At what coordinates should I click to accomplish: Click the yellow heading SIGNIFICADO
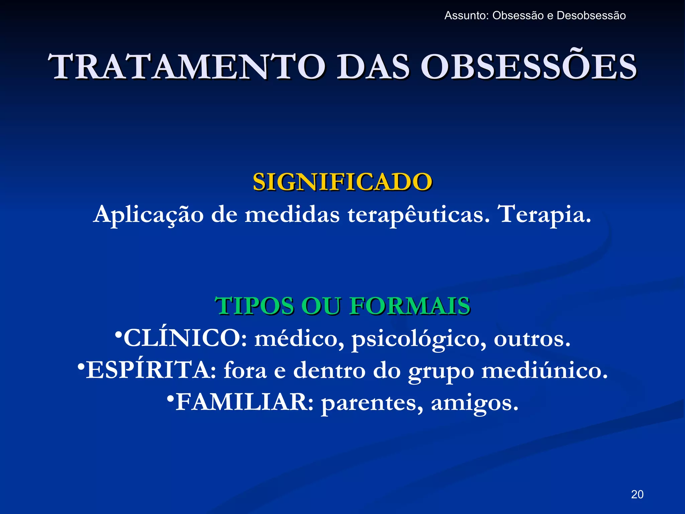coord(342,182)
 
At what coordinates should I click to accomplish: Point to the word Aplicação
coord(148,215)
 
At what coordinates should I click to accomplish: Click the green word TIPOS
coord(254,306)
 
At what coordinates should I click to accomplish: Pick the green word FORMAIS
coord(410,306)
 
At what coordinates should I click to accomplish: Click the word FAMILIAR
coord(244,402)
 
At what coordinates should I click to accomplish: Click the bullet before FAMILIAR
coord(171,398)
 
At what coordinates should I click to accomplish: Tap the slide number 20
coord(637,494)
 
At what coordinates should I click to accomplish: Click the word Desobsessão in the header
coord(591,16)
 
